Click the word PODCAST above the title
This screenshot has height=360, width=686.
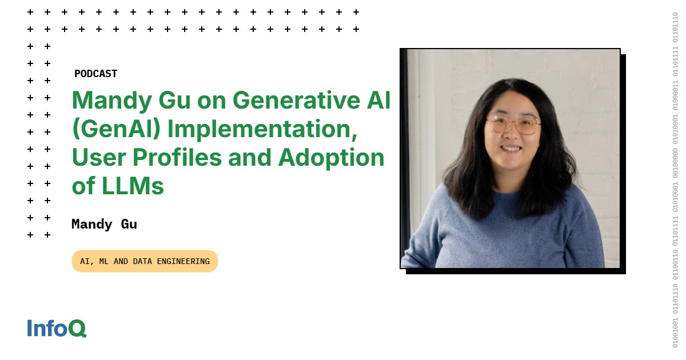(96, 74)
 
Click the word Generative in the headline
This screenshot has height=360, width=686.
(297, 100)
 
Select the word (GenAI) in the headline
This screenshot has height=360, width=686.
(117, 129)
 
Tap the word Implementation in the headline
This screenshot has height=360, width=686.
(262, 130)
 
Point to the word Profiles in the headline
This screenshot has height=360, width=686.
(177, 158)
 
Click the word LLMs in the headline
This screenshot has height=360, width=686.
(133, 186)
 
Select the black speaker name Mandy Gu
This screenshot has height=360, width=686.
(104, 225)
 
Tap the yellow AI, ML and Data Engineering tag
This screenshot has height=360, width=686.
(145, 261)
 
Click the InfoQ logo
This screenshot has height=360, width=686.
(57, 328)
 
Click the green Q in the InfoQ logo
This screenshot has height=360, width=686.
(77, 329)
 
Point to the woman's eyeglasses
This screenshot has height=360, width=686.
(513, 125)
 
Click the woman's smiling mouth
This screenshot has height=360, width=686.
(510, 149)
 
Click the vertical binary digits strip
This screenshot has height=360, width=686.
(675, 180)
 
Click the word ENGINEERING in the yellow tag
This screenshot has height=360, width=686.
(183, 262)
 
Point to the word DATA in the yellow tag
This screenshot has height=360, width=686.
(142, 262)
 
